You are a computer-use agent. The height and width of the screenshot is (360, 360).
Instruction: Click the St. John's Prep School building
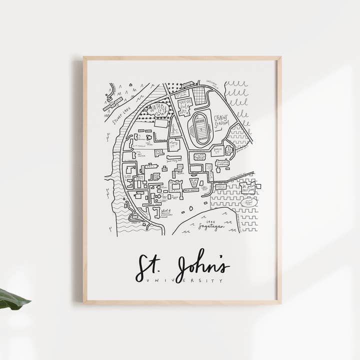248,188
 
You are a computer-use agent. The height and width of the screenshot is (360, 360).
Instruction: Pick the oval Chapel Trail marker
248,202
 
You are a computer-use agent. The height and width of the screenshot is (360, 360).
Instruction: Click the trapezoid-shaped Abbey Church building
194,182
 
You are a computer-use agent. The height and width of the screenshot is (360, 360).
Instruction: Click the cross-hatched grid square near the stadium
199,95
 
